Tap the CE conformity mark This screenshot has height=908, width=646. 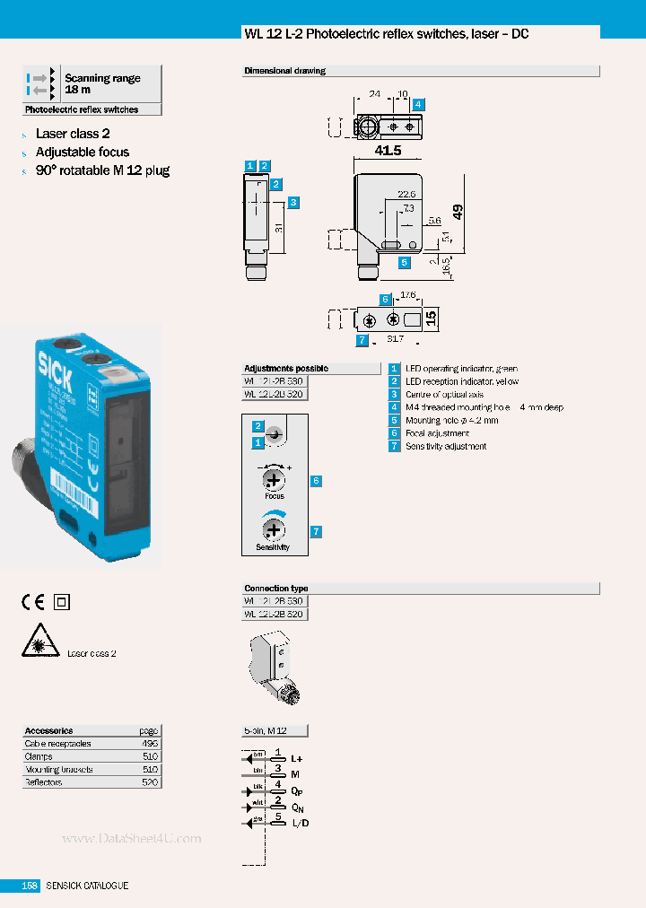pyautogui.click(x=33, y=602)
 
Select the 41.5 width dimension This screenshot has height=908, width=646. pyautogui.click(x=388, y=151)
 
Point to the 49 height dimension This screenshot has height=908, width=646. pyautogui.click(x=458, y=212)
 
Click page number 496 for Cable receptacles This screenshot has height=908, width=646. pyautogui.click(x=149, y=744)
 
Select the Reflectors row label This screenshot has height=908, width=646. pyautogui.click(x=45, y=782)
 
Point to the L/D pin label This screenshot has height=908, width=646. pyautogui.click(x=301, y=823)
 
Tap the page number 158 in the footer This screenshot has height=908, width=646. pyautogui.click(x=30, y=886)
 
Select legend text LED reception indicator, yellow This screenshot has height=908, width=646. pyautogui.click(x=461, y=382)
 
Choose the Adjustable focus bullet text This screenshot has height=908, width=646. pyautogui.click(x=83, y=152)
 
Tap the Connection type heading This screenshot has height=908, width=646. pyautogui.click(x=275, y=589)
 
